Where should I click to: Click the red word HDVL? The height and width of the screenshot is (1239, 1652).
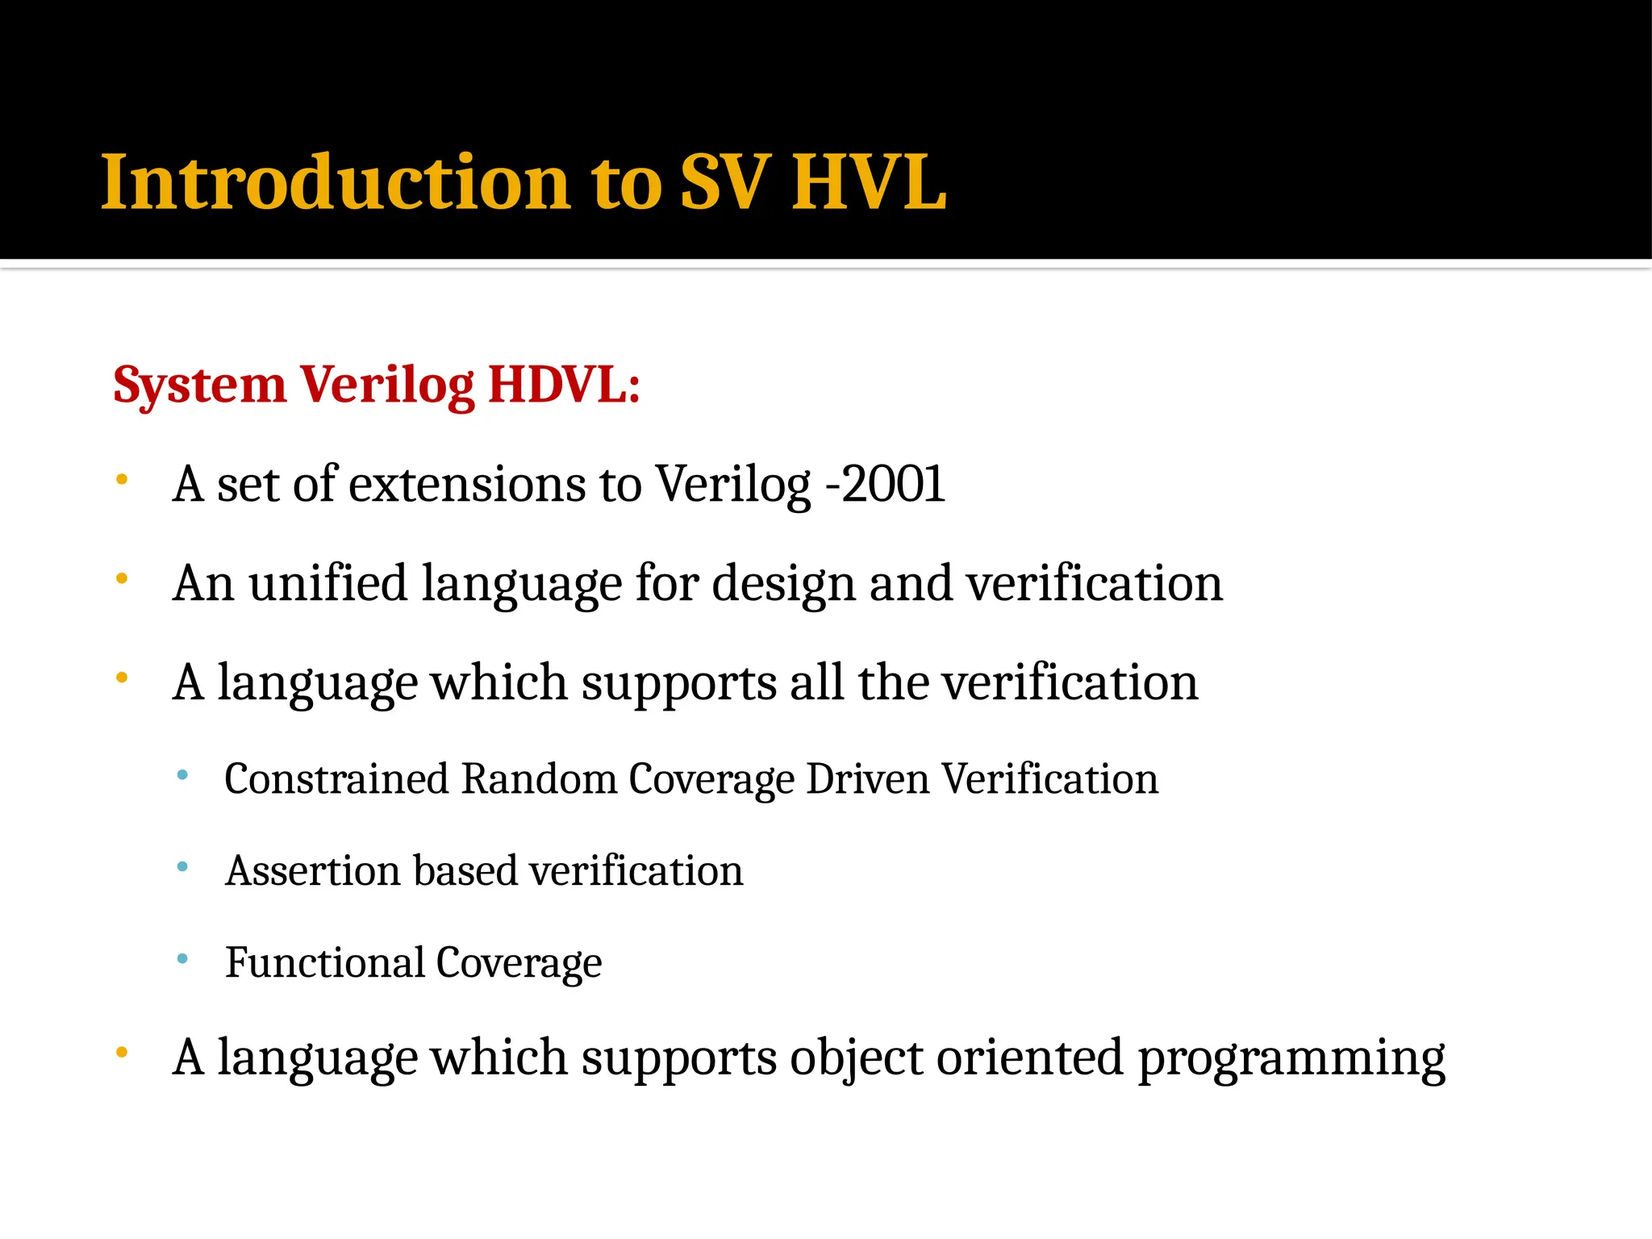(564, 384)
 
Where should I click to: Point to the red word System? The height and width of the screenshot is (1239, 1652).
(199, 386)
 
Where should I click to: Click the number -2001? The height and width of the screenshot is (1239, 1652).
(885, 484)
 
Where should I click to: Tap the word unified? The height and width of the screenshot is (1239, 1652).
(327, 582)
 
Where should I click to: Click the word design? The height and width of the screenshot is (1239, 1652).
(783, 584)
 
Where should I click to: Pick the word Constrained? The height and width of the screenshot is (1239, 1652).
(336, 779)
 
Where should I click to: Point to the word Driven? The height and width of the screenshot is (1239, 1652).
(868, 779)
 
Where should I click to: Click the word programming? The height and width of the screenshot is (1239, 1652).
(1291, 1058)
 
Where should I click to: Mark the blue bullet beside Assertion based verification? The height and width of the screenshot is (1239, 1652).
(182, 867)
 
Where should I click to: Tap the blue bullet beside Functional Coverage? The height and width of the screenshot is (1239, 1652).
(182, 959)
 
